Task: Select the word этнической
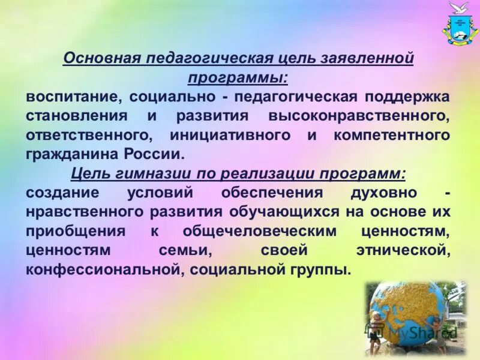click(402, 251)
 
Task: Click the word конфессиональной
click(101, 270)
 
